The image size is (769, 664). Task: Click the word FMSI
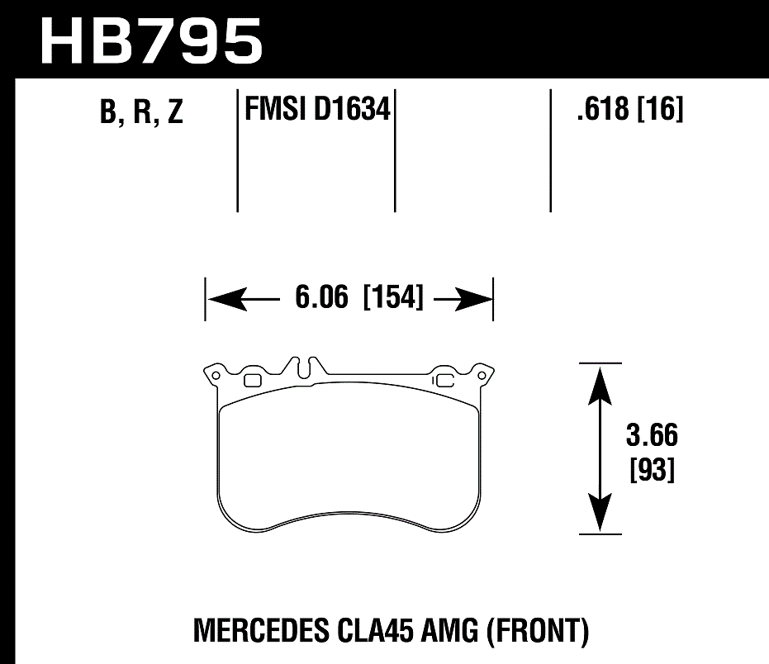276,108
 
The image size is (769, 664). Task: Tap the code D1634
351,108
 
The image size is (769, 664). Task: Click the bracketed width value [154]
393,298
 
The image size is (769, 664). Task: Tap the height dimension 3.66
653,434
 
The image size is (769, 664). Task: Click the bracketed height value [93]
653,471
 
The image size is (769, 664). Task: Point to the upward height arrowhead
600,381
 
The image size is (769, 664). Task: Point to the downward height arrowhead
600,516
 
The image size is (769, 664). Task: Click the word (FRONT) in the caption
538,632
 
